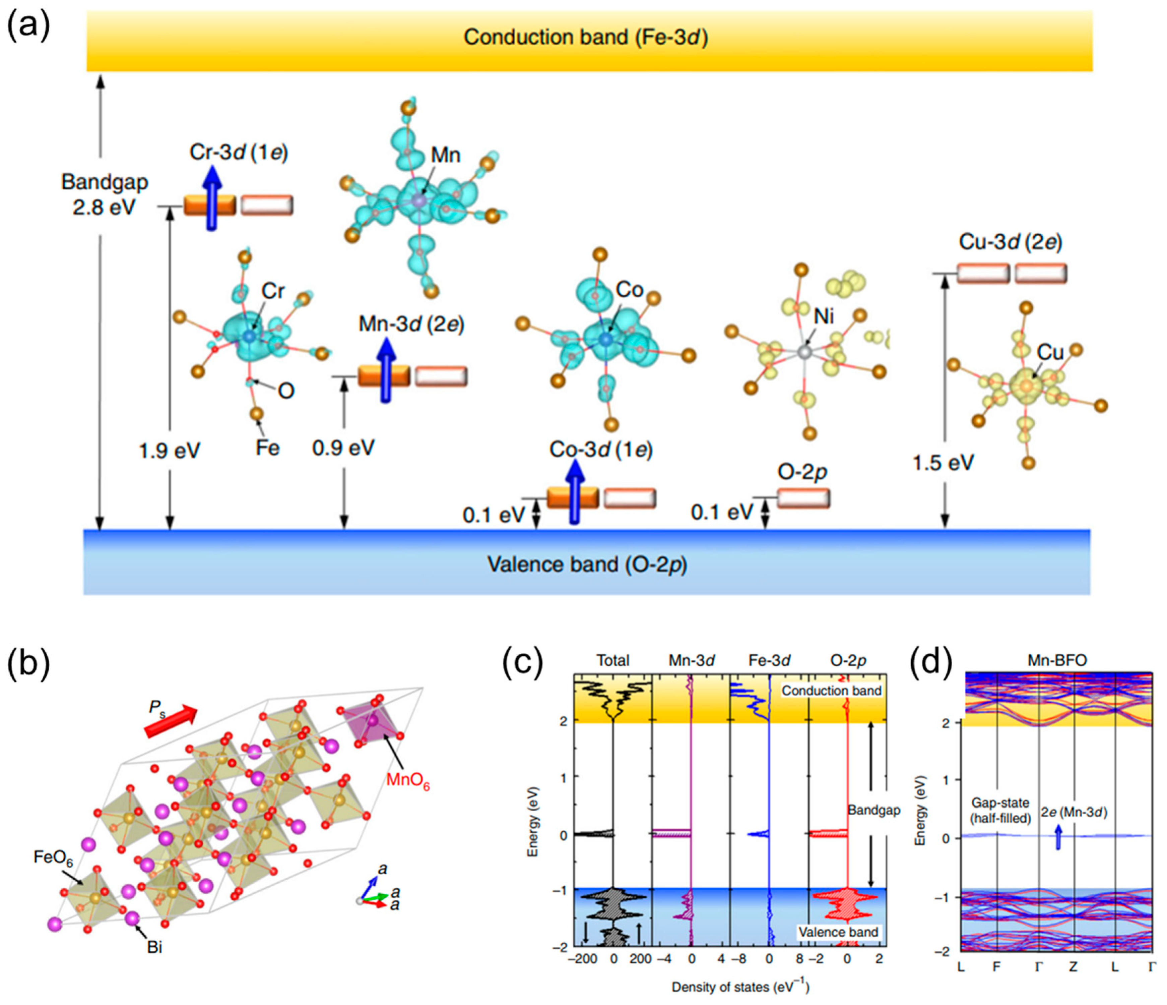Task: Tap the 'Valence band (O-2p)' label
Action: (587, 564)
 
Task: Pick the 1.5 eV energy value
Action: (943, 463)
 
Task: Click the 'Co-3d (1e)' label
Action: (601, 449)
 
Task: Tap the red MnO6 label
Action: (408, 781)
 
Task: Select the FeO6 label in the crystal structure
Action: (54, 857)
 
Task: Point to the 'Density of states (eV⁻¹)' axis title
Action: (740, 987)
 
